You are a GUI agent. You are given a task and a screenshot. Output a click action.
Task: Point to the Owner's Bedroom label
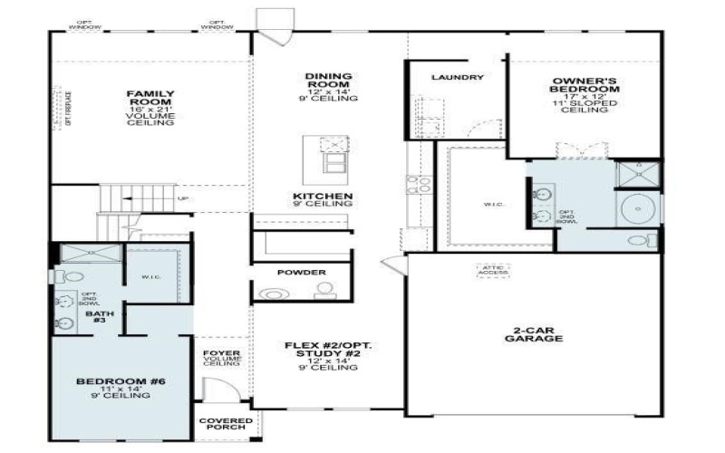[585, 86]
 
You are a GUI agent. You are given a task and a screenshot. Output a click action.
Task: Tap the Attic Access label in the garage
[492, 270]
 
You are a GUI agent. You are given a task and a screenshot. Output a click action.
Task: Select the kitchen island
[326, 154]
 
